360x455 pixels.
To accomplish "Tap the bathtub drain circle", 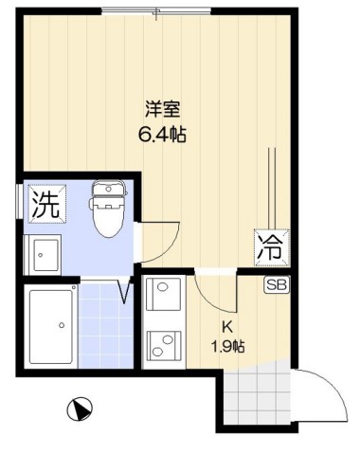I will [63, 325].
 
